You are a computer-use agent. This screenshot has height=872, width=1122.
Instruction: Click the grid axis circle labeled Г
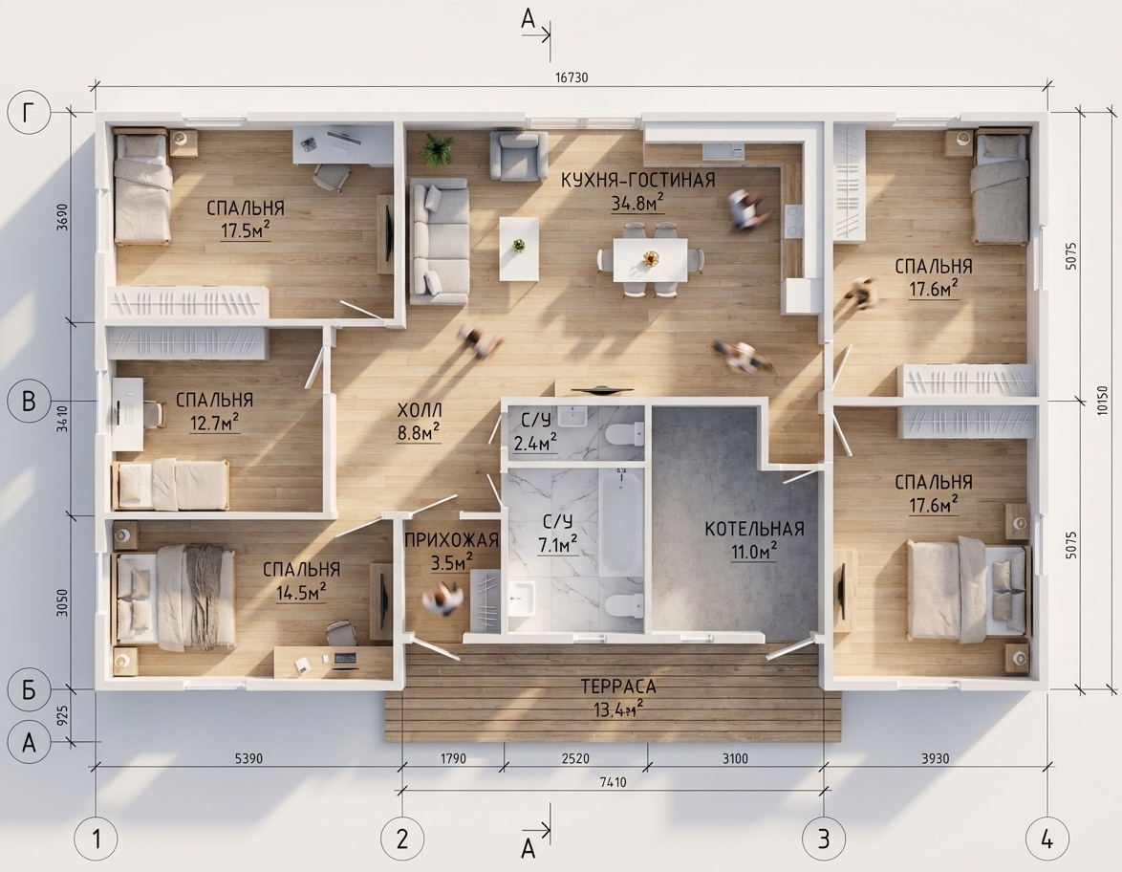(x=28, y=113)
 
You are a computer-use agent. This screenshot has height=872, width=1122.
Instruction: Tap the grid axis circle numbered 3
(x=824, y=839)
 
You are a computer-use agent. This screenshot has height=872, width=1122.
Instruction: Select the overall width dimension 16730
(x=572, y=77)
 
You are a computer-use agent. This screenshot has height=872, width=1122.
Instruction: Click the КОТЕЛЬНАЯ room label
(x=755, y=529)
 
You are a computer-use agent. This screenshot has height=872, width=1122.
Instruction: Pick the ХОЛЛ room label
(x=421, y=410)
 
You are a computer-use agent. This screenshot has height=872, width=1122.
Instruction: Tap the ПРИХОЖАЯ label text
(x=451, y=540)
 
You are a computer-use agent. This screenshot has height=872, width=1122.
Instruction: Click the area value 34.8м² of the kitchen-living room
(x=637, y=204)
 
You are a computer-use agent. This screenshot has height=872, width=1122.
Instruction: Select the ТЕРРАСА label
(x=618, y=687)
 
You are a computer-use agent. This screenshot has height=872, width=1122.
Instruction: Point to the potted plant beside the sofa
(x=436, y=149)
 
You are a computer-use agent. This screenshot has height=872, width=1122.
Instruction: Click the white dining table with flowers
(x=650, y=259)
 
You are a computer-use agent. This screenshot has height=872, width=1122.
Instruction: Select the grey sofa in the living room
(x=439, y=240)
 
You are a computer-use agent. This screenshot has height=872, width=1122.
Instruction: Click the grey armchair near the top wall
(x=513, y=154)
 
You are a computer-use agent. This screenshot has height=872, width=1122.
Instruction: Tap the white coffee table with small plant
(x=519, y=249)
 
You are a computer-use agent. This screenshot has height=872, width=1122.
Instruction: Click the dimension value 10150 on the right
(x=1101, y=401)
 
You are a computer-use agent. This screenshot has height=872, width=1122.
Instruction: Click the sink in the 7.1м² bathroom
(x=523, y=597)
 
